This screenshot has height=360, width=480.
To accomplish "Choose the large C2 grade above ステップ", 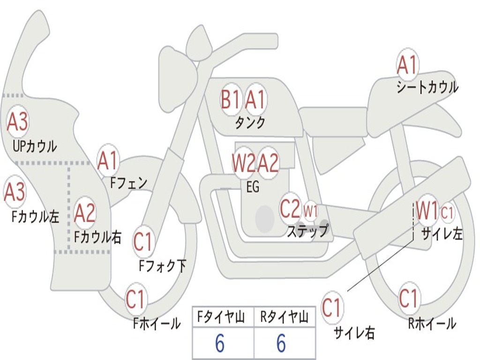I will [x=290, y=209].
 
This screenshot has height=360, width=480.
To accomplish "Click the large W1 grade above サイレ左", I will [x=427, y=210].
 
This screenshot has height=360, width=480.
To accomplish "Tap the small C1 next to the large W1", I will [x=448, y=213].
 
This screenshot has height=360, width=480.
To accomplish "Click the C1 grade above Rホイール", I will [x=408, y=298].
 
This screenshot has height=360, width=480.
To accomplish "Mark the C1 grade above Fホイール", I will [x=135, y=300].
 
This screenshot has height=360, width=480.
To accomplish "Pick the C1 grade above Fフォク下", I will [x=143, y=242].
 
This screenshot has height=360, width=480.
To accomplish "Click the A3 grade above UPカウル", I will [x=17, y=122].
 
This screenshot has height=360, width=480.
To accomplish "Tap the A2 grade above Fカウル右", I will [x=85, y=213].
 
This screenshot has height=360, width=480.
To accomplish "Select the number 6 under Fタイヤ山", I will [x=219, y=344].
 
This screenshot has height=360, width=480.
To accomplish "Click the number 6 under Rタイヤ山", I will [x=281, y=344].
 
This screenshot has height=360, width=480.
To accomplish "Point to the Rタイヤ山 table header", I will [x=284, y=318].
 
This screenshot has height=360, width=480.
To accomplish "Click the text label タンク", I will [x=250, y=123].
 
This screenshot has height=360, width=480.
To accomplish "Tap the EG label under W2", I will [x=252, y=187].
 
